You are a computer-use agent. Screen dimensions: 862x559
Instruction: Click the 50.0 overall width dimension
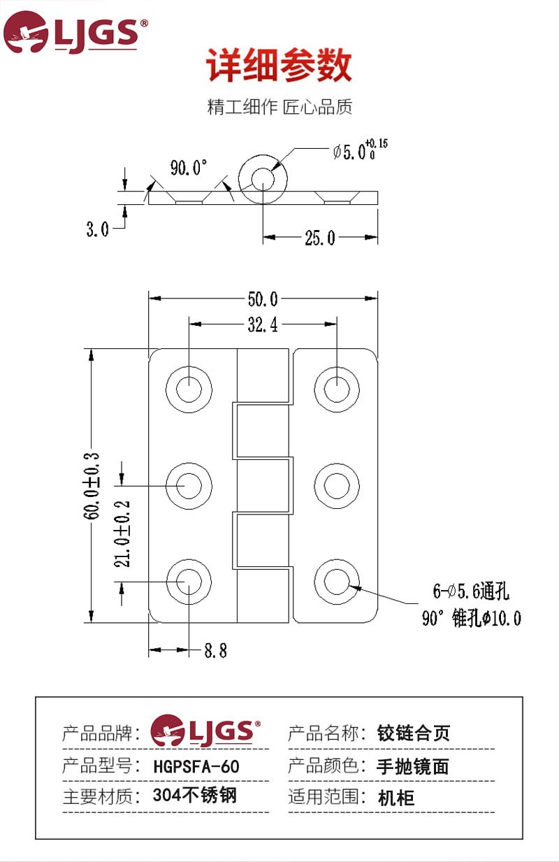tap(263, 299)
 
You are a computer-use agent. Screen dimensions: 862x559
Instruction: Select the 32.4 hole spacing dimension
tap(263, 324)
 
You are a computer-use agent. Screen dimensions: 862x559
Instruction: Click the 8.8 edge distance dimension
tap(215, 651)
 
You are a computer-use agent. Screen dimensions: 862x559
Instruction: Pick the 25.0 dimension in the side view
tap(320, 238)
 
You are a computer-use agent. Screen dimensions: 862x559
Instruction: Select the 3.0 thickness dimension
tap(98, 229)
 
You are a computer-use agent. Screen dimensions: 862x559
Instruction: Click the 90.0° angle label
tap(189, 168)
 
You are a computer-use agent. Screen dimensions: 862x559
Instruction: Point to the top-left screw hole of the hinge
tap(189, 387)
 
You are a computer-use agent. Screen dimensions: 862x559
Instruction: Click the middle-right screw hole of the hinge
tap(337, 484)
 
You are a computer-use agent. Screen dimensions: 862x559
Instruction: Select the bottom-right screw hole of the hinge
tap(337, 582)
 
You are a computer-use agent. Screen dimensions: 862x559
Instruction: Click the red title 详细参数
tap(279, 67)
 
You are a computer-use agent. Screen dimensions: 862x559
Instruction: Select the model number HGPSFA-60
tap(196, 766)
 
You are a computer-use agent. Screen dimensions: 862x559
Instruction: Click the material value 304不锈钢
tap(195, 796)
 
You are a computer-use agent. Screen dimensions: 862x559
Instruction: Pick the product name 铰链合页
tap(414, 733)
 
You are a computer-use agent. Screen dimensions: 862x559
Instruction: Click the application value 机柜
tap(396, 797)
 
